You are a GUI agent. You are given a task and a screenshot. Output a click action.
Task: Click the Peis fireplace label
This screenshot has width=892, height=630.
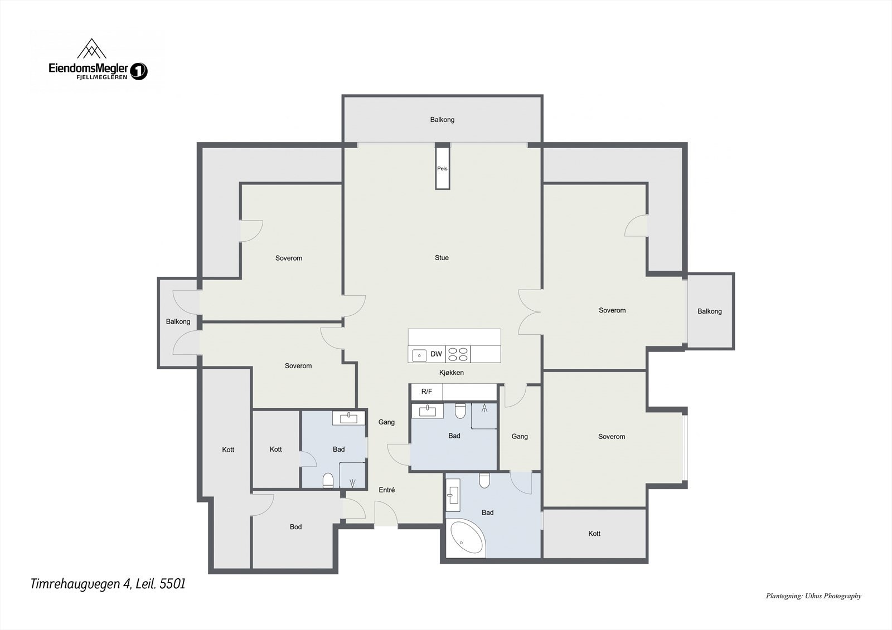(442, 168)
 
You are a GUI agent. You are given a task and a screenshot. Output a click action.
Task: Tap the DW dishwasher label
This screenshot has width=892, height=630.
(436, 354)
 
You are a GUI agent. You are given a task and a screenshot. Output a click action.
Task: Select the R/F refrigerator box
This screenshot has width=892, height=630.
(426, 392)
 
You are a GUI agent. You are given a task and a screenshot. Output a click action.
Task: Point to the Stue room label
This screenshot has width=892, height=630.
(442, 257)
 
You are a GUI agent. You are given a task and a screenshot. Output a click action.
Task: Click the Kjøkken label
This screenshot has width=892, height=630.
(451, 373)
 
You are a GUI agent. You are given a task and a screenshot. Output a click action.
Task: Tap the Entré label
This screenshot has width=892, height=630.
(386, 490)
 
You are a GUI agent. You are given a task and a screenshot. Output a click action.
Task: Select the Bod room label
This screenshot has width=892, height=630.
(295, 526)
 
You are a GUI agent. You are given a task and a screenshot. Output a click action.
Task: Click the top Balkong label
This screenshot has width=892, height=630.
(442, 119)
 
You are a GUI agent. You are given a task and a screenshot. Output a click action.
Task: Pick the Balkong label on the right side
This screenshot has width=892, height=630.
(709, 311)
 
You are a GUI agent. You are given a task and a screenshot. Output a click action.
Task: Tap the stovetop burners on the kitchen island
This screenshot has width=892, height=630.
(458, 354)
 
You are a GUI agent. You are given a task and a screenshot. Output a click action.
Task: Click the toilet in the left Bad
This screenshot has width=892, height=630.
(328, 480)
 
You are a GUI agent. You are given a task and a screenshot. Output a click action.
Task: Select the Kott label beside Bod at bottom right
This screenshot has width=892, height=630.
(594, 533)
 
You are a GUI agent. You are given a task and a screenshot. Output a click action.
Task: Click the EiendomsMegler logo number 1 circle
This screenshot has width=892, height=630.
(139, 71)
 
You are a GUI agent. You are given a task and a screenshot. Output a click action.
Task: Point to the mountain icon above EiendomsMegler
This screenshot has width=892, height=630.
(91, 49)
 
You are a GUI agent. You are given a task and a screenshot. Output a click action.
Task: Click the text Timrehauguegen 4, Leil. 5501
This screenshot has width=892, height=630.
(108, 584)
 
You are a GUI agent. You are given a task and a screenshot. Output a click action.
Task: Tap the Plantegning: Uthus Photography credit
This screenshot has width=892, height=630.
(813, 595)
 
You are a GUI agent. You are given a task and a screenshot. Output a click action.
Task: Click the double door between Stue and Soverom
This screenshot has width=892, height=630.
(529, 312)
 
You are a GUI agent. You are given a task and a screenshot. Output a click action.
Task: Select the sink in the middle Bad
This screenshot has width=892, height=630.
(427, 411)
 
